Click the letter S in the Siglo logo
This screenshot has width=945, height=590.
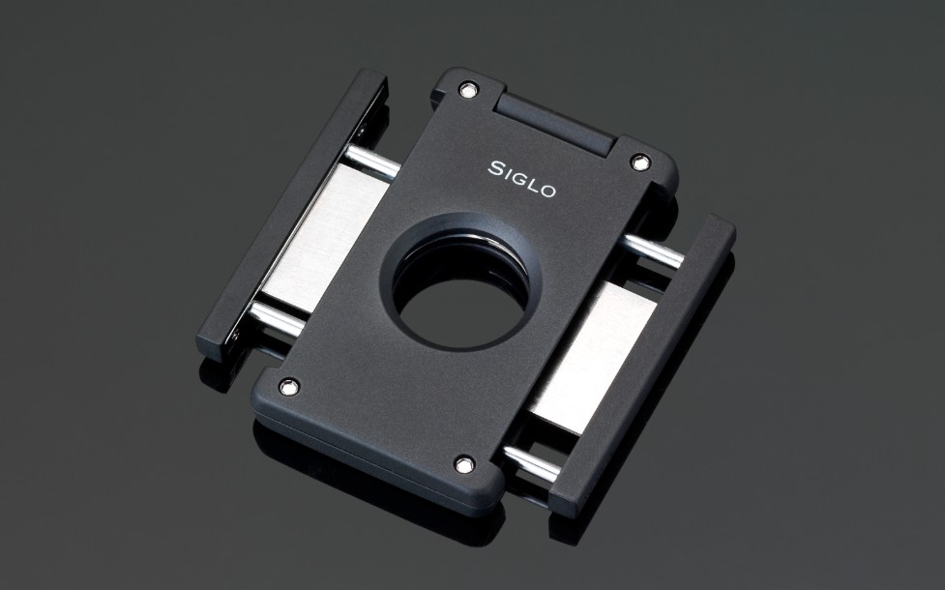[495, 168]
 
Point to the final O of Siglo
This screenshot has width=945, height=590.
[547, 192]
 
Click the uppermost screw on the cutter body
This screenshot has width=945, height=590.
[467, 90]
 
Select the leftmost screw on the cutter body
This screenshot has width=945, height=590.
[289, 387]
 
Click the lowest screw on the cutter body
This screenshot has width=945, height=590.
[464, 464]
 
